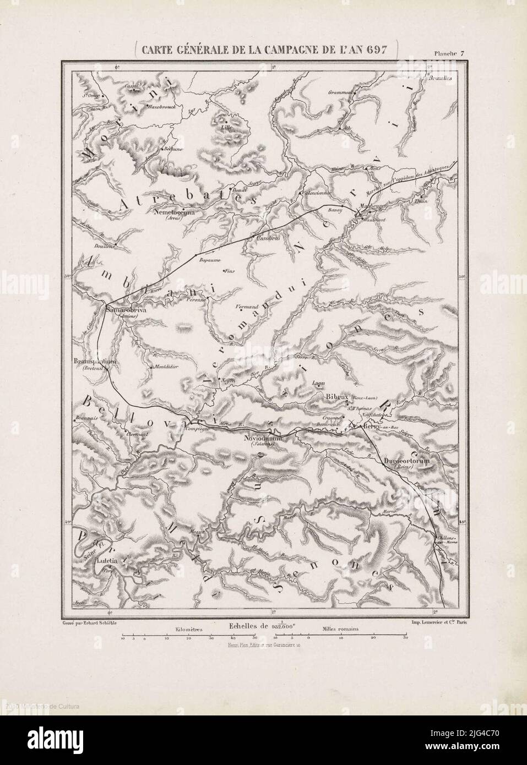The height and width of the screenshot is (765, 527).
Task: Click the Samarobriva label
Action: coord(125,309)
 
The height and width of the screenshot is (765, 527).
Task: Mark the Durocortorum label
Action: coord(407,461)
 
